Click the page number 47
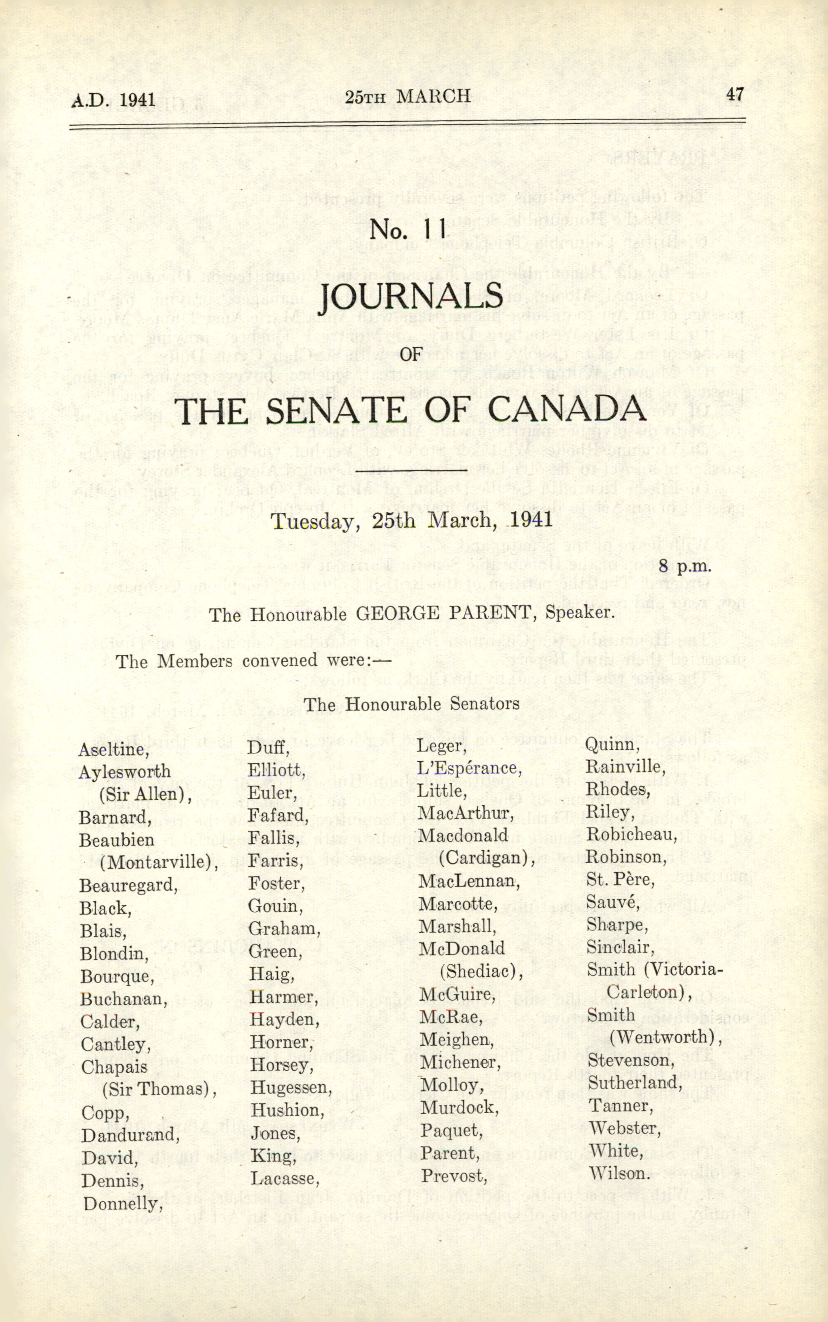point(735,94)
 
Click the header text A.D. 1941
point(113,100)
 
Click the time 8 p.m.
point(685,567)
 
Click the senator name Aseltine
point(114,750)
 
